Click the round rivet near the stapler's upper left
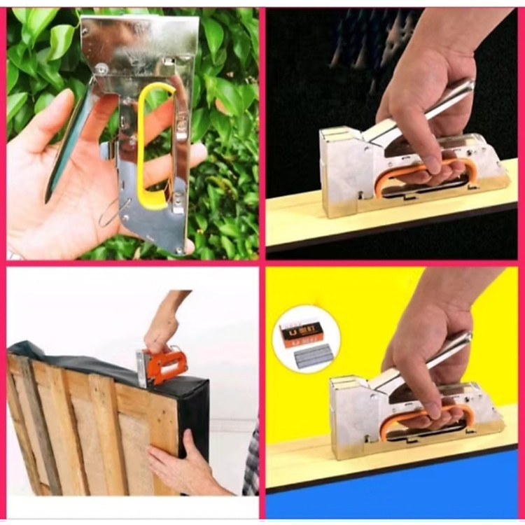(x=102, y=69)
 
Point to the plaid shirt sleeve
(x=251, y=462)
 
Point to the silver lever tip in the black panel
(x=465, y=87)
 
